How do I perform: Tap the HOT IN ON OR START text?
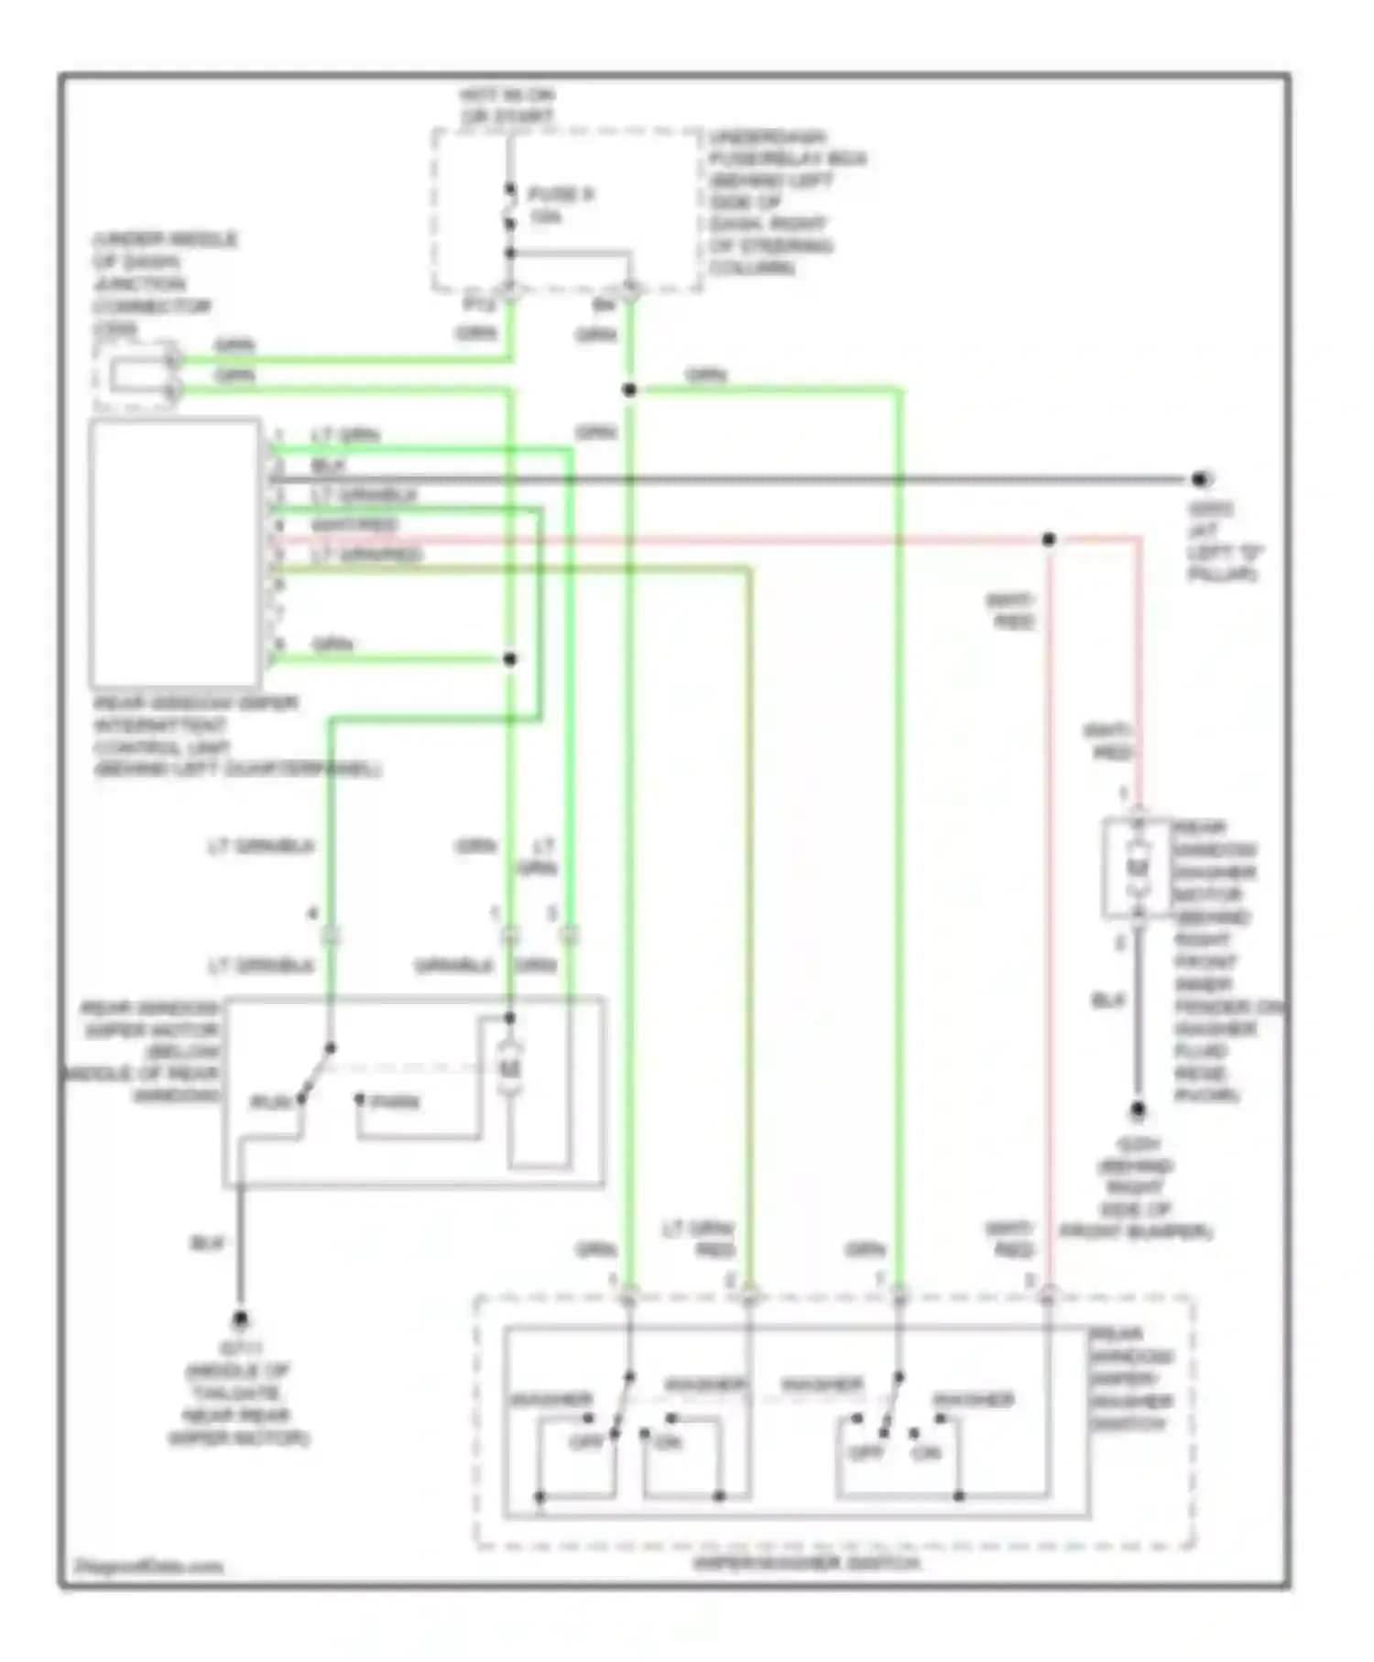click(x=507, y=106)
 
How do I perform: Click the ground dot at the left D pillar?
click(x=1199, y=479)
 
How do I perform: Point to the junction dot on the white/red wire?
click(x=1049, y=540)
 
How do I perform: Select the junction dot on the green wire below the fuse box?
click(x=629, y=390)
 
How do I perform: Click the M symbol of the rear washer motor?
click(x=1137, y=867)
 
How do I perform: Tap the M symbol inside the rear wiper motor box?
click(x=509, y=1067)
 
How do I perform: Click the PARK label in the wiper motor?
click(x=396, y=1102)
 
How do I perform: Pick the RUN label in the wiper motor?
click(x=270, y=1102)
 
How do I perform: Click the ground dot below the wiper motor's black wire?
click(x=240, y=1319)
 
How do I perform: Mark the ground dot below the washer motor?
click(x=1137, y=1110)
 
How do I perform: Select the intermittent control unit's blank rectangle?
click(x=175, y=552)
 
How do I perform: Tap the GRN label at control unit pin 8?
click(x=332, y=644)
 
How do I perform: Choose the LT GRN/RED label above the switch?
click(x=701, y=1239)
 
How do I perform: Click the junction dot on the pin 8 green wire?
click(x=510, y=659)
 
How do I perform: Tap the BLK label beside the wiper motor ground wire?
click(x=207, y=1243)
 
